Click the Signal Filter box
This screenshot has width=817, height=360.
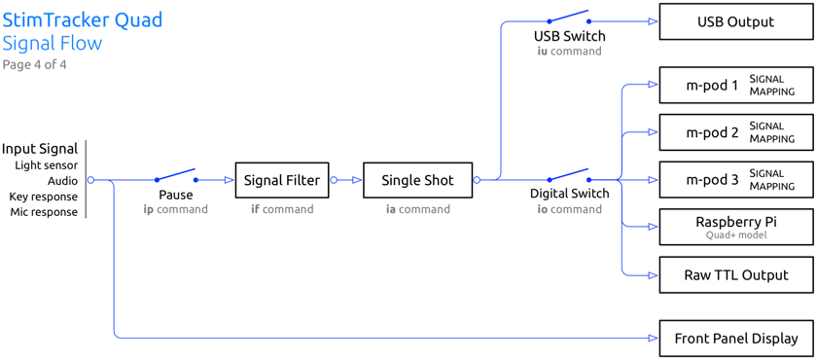(282, 180)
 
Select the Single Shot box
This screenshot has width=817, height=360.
(417, 180)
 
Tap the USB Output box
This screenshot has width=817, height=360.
(735, 21)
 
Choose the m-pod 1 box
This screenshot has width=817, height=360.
(735, 85)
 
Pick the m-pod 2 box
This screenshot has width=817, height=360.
(735, 132)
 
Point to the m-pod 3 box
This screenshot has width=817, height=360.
(735, 180)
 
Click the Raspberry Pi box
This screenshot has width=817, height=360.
(735, 227)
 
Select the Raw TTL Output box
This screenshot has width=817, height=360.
(735, 274)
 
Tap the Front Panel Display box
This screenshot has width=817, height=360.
(735, 339)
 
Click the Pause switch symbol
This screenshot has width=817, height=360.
(176, 175)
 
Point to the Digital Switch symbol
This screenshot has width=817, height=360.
(569, 175)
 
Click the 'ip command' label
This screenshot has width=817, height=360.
(176, 209)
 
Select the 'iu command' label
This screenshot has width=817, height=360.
(569, 51)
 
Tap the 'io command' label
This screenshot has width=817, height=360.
(569, 209)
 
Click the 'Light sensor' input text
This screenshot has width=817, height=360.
(47, 165)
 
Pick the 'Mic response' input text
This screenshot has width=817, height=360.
(44, 212)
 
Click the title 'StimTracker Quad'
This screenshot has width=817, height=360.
(83, 19)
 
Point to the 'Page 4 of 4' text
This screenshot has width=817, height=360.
(34, 65)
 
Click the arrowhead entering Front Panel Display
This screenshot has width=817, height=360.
(653, 339)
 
